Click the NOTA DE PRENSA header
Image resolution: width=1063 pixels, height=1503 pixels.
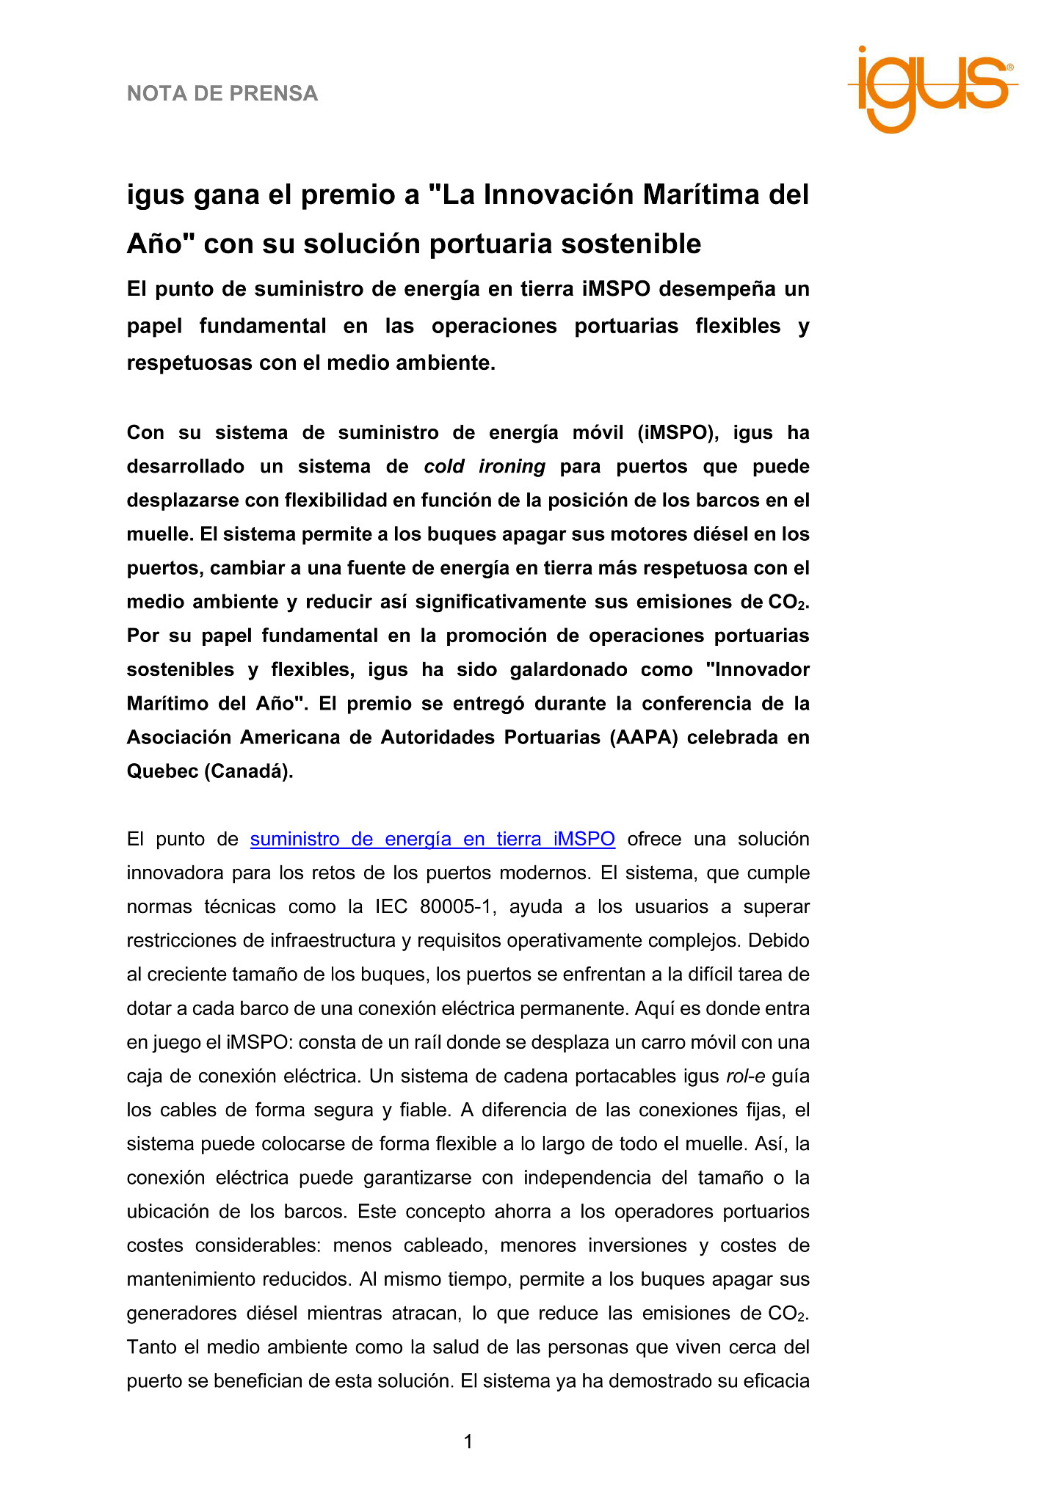(222, 94)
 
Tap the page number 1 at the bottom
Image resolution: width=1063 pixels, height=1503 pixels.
(468, 1442)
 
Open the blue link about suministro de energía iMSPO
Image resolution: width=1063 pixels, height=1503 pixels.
(432, 839)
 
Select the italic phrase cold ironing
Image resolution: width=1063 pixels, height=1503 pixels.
(485, 467)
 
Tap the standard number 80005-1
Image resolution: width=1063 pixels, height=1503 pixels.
(455, 907)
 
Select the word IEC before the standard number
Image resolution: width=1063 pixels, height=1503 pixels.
(391, 907)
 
